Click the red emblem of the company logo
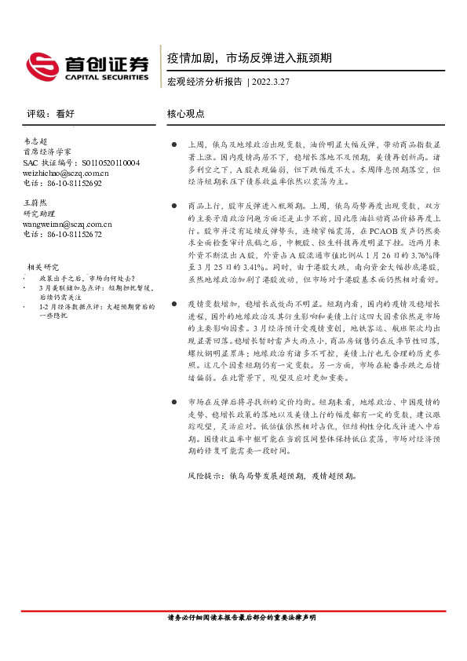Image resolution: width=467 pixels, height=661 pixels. (41, 64)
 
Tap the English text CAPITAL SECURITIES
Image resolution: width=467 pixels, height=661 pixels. (101, 78)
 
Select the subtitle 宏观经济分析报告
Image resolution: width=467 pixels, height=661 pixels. (204, 82)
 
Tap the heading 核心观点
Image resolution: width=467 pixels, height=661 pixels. (186, 113)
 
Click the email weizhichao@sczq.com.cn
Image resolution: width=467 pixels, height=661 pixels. (66, 173)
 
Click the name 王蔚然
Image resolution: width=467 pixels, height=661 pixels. (35, 203)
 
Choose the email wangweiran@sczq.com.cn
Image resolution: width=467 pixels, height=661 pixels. (67, 224)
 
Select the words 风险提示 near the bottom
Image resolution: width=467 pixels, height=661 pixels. (204, 475)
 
